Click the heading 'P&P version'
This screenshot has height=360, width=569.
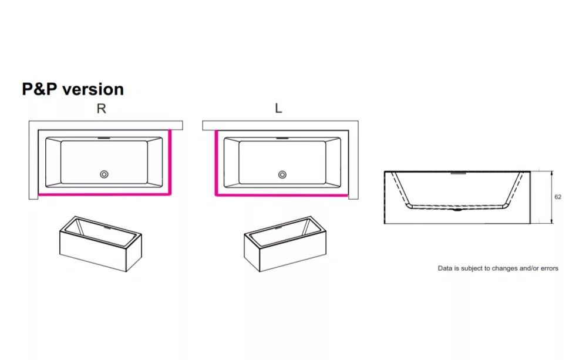click(73, 89)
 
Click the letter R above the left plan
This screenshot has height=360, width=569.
click(101, 109)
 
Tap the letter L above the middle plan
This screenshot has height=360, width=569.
click(278, 108)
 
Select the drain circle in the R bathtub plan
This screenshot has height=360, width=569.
click(104, 174)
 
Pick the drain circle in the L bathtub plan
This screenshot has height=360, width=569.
click(282, 175)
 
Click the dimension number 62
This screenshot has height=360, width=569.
click(558, 197)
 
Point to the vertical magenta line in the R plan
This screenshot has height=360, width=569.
click(170, 162)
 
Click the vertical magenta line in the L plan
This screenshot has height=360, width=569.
click(216, 163)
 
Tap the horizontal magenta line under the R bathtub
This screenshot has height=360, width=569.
click(104, 194)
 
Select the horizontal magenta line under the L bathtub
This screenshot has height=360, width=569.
click(282, 195)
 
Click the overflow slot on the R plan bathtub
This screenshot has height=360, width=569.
click(104, 138)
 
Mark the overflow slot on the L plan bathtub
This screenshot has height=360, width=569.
click(282, 138)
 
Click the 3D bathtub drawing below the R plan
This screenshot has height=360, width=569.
click(100, 244)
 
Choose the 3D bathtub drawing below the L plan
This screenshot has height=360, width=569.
click(285, 244)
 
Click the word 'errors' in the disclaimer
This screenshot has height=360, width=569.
click(548, 268)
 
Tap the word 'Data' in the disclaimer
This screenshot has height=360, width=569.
click(445, 268)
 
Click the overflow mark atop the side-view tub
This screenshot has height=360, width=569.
click(459, 173)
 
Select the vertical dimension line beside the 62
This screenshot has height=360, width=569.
click(552, 197)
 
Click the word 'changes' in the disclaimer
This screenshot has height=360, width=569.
click(506, 269)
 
